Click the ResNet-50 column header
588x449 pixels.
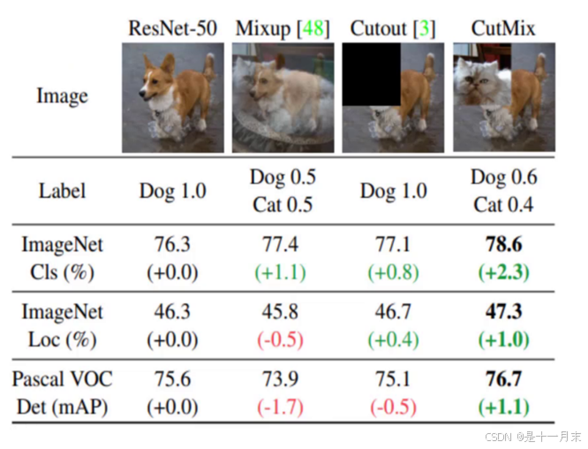coord(171,28)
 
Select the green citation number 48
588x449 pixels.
coord(312,28)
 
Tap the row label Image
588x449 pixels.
coord(62,95)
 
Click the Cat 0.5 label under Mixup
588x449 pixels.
coord(282,204)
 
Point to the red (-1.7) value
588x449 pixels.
coord(282,407)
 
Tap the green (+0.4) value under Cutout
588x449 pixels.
coord(393,339)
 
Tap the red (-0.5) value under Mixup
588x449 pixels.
coord(282,339)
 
